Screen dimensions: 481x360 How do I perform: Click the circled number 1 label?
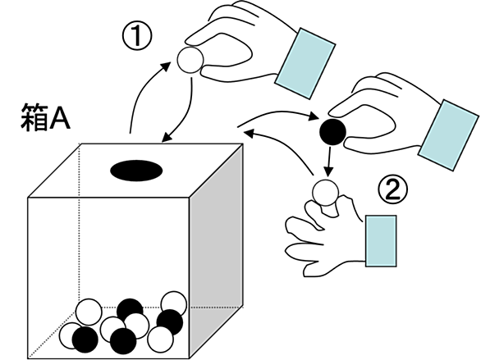[x=137, y=36]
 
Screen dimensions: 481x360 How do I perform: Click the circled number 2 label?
[x=392, y=190]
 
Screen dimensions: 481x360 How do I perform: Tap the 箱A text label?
[x=45, y=117]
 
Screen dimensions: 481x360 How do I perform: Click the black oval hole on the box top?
[x=136, y=171]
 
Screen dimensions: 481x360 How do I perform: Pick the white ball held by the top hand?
[x=190, y=60]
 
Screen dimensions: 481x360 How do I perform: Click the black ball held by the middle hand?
[x=332, y=132]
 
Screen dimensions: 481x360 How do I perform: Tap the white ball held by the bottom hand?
[x=326, y=193]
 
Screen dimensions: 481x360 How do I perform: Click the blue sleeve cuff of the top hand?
[x=305, y=63]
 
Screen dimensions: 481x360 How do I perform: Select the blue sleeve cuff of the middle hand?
[x=449, y=134]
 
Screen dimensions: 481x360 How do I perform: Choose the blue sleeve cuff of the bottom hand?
[x=381, y=241]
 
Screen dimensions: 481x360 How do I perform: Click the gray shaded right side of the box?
[x=216, y=251]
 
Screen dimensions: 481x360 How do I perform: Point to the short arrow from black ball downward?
[x=329, y=162]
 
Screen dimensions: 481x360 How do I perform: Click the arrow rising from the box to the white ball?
[x=142, y=89]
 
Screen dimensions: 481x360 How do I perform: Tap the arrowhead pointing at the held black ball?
[x=314, y=116]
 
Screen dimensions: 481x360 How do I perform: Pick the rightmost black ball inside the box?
[x=170, y=322]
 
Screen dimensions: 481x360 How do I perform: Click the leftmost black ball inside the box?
[x=85, y=339]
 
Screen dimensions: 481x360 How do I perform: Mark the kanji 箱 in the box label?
[x=34, y=117]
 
